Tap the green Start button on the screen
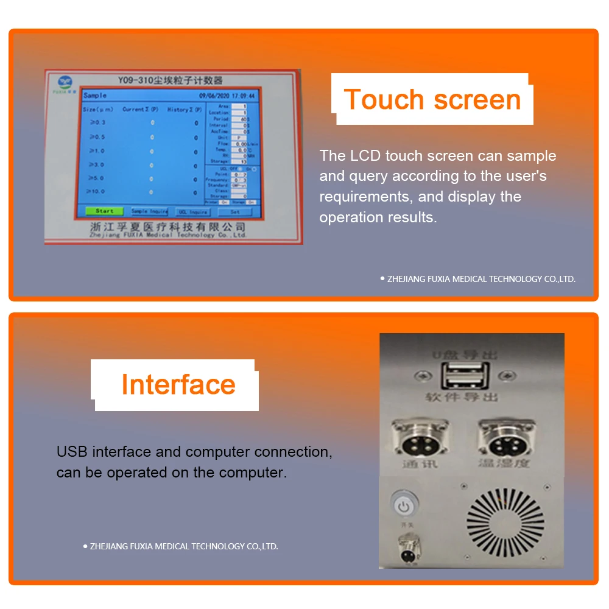click(104, 211)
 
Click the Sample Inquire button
click(149, 211)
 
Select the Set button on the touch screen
click(235, 212)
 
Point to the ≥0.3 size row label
click(97, 122)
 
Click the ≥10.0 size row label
click(96, 191)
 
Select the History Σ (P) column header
click(185, 110)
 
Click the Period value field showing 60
click(244, 119)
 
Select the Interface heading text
click(178, 384)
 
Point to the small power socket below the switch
click(407, 544)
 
